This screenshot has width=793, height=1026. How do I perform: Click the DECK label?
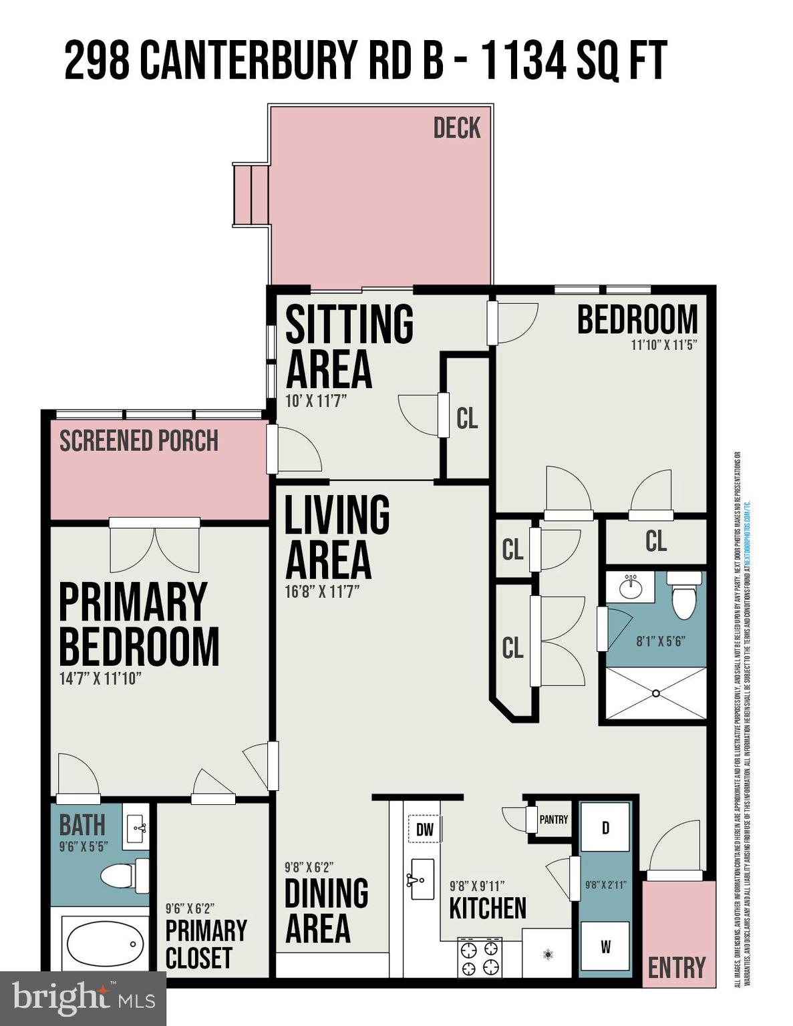[456, 128]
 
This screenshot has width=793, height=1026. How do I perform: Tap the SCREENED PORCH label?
[139, 441]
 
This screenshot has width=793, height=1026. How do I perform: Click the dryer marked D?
[605, 828]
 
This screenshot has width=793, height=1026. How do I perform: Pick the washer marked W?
[605, 947]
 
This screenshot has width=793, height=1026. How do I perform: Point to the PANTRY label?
[553, 820]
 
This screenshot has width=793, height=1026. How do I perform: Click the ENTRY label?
[677, 967]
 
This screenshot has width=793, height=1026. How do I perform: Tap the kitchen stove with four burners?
[479, 957]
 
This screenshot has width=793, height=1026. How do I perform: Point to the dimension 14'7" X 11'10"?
[100, 678]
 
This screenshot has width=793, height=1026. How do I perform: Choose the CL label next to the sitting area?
[467, 418]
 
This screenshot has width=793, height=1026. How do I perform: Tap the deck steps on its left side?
[251, 194]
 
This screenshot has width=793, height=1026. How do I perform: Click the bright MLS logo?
[83, 999]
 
